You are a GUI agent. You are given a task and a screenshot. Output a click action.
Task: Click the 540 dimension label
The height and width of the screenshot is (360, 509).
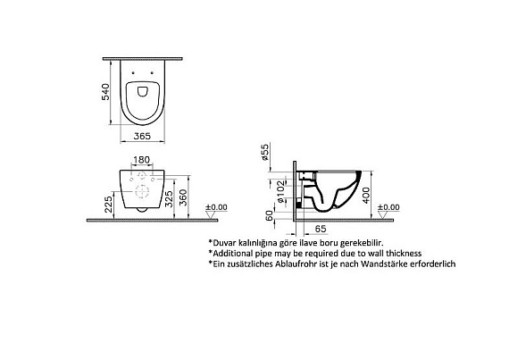coord(106,92)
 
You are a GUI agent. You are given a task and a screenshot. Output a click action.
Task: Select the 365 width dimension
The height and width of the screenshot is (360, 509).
coord(142,136)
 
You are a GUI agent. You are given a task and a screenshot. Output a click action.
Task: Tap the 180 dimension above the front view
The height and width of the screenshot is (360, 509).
coord(142,160)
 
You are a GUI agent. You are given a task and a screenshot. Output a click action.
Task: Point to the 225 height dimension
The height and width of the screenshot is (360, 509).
coord(109,202)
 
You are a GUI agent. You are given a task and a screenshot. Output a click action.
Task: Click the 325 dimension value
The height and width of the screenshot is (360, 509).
coord(169,198)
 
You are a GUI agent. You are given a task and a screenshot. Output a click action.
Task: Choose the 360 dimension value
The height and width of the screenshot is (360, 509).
coord(183,197)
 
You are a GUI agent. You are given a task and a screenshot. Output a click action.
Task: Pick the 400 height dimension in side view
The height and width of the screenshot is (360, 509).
coord(366,195)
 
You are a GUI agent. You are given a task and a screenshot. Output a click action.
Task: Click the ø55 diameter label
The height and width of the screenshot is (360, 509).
coord(265,153)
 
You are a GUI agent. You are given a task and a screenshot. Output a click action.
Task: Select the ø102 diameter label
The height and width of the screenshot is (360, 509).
coord(280,191)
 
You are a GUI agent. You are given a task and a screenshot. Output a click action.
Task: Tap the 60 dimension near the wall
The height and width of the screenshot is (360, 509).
coord(270,216)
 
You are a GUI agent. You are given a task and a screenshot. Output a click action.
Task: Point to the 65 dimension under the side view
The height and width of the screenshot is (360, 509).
coord(321,229)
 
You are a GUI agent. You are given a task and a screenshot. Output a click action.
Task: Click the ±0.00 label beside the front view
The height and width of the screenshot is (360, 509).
coord(216,207)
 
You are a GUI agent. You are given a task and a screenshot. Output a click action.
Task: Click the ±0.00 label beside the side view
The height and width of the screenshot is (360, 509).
coord(388,207)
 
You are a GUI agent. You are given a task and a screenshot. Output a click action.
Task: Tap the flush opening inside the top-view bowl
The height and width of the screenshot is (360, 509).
coord(142,91)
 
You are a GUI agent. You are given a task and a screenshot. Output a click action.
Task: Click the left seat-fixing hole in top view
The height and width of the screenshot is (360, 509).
coord(133,72)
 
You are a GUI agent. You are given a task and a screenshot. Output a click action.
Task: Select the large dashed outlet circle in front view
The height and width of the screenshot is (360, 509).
coord(142,191)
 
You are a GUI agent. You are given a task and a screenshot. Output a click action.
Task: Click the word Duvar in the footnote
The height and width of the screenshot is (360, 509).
coord(222,242)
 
